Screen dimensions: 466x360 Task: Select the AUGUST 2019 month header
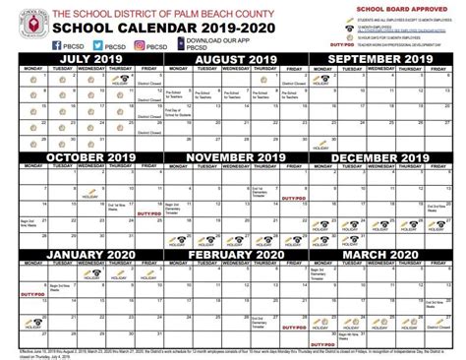(233, 59)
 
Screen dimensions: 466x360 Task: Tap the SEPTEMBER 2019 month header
(386, 59)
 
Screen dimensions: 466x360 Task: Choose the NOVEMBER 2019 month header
(233, 156)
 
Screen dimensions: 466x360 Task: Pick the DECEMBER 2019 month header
(386, 156)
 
